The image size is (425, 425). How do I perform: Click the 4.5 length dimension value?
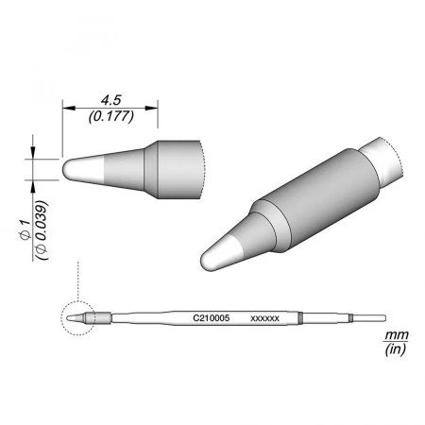(x=111, y=100)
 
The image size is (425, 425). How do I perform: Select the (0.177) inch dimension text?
(x=111, y=116)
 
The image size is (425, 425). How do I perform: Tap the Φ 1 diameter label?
(x=25, y=229)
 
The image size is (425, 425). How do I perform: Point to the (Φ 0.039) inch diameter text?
(x=42, y=229)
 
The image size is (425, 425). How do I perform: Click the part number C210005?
(x=212, y=318)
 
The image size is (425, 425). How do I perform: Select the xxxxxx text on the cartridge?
(x=264, y=318)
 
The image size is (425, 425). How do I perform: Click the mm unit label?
(x=397, y=334)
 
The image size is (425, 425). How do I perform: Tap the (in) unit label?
(x=396, y=348)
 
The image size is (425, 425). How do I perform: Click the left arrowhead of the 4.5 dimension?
(x=69, y=108)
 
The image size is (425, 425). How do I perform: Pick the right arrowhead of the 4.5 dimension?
(x=151, y=108)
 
